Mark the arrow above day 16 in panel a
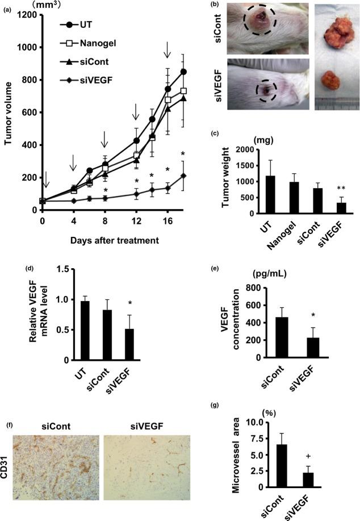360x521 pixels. click(x=168, y=52)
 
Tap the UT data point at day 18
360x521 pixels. click(x=183, y=72)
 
